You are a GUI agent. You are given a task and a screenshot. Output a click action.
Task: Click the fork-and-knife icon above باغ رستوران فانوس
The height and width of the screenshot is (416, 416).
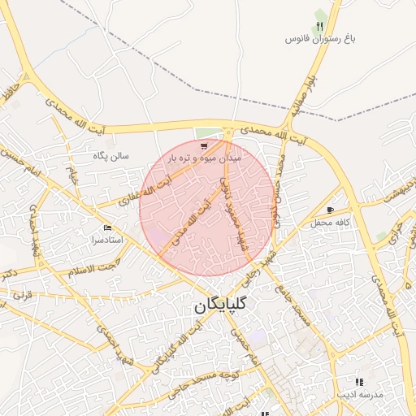pos(319,27)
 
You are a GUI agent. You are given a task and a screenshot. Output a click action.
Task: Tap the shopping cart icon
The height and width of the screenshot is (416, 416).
pos(202,146)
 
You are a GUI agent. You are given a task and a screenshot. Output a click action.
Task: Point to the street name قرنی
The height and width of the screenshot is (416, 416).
pos(24,296)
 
